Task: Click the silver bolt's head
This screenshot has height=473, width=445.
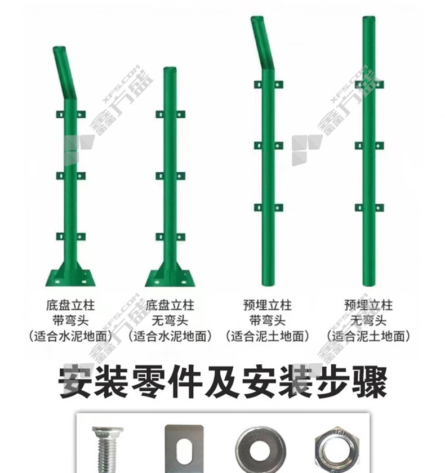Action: (108, 431)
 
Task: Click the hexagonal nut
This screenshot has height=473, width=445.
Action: (337, 449)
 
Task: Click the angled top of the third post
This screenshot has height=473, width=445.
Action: (262, 43)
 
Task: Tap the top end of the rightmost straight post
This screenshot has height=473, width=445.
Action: (368, 19)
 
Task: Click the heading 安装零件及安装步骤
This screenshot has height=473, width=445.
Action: (222, 382)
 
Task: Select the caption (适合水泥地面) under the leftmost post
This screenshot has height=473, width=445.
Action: (70, 336)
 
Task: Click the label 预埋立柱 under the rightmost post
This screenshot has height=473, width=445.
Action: (368, 305)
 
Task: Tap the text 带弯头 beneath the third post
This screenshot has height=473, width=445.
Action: (268, 320)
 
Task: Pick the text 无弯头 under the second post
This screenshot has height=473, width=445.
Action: (170, 320)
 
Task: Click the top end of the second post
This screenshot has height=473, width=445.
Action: (170, 70)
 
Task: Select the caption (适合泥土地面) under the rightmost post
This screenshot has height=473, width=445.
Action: (368, 336)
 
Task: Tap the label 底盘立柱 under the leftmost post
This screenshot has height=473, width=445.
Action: (70, 305)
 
